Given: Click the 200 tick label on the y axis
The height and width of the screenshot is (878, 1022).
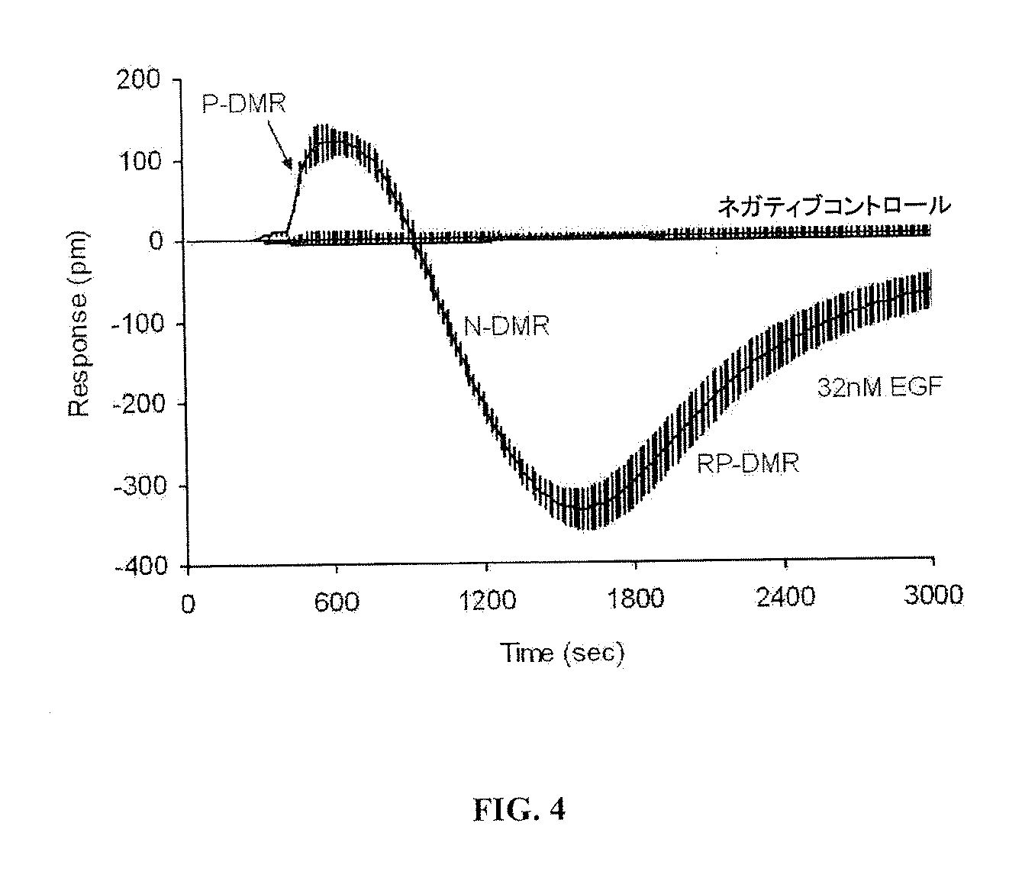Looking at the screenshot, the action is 139,79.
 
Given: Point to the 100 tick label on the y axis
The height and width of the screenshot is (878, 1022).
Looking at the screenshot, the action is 139,161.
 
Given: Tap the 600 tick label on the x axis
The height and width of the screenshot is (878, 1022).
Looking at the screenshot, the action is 337,602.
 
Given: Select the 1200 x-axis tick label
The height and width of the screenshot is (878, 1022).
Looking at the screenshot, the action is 488,600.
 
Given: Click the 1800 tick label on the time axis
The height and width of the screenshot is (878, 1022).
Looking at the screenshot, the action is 635,599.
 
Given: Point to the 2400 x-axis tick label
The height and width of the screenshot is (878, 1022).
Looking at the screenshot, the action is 785,597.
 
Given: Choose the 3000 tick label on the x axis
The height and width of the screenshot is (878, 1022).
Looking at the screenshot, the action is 933,595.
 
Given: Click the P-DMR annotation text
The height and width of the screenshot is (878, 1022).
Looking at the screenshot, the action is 244,104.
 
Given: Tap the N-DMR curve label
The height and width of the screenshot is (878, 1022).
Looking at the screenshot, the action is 507,327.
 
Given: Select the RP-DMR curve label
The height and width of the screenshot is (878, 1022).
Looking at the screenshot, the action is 748,464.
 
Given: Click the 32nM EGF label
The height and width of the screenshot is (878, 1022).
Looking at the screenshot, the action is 879,387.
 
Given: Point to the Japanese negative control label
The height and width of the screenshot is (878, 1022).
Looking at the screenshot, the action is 834,206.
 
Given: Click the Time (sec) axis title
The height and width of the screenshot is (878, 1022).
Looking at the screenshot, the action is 563,653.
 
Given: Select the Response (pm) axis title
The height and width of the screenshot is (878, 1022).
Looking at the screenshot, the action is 79,324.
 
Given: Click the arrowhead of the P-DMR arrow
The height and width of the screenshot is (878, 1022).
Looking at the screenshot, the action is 289,165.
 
